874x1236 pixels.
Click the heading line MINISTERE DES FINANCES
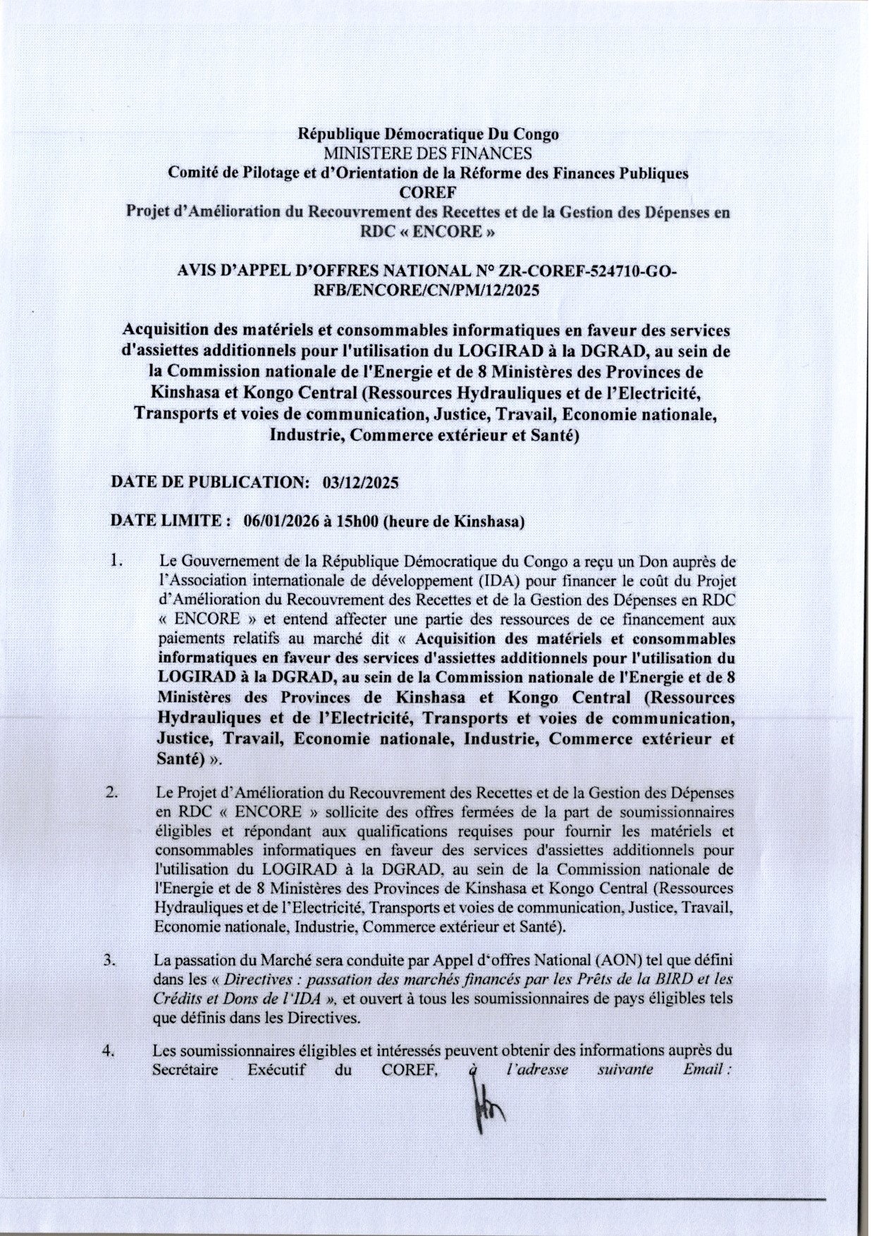(427, 153)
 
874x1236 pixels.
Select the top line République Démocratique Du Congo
(429, 134)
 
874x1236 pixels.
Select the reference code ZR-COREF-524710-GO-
(588, 271)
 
